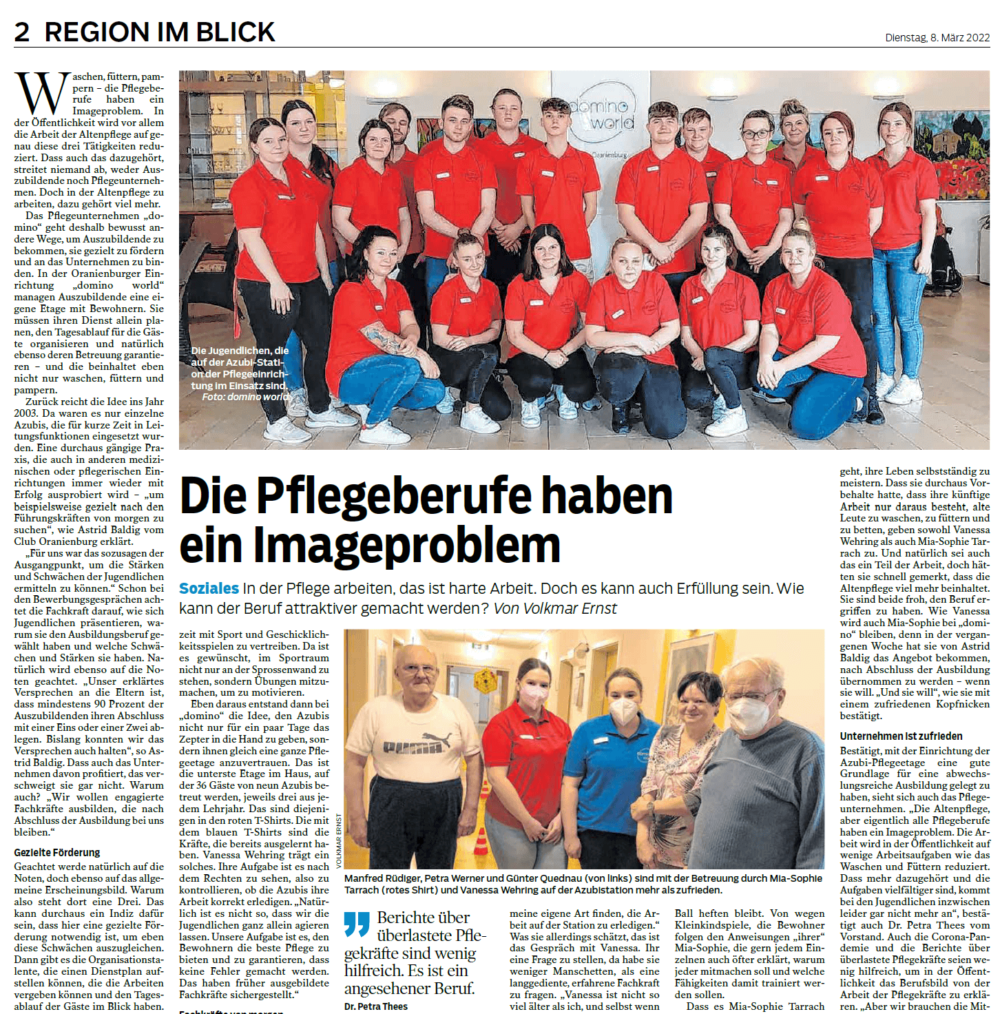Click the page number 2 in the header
22,32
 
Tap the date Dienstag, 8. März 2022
937,37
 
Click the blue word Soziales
209,588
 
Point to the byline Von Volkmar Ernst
555,608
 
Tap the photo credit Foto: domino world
247,397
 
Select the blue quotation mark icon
357,924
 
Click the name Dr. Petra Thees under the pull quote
376,1006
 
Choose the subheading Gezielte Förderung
57,852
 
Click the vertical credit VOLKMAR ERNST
338,840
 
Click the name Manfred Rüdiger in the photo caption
382,878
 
